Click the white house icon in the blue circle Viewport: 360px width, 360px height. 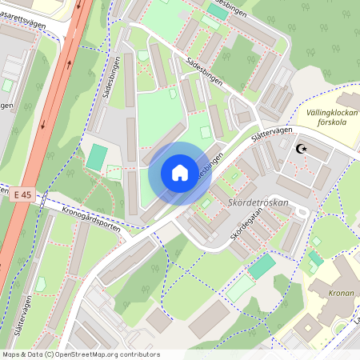pyautogui.click(x=179, y=173)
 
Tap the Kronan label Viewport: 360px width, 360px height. pyautogui.click(x=342, y=293)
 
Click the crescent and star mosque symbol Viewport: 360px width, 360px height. pyautogui.click(x=302, y=149)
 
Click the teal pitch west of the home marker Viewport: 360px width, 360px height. pyautogui.click(x=96, y=156)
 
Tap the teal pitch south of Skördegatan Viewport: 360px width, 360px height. pyautogui.click(x=262, y=266)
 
